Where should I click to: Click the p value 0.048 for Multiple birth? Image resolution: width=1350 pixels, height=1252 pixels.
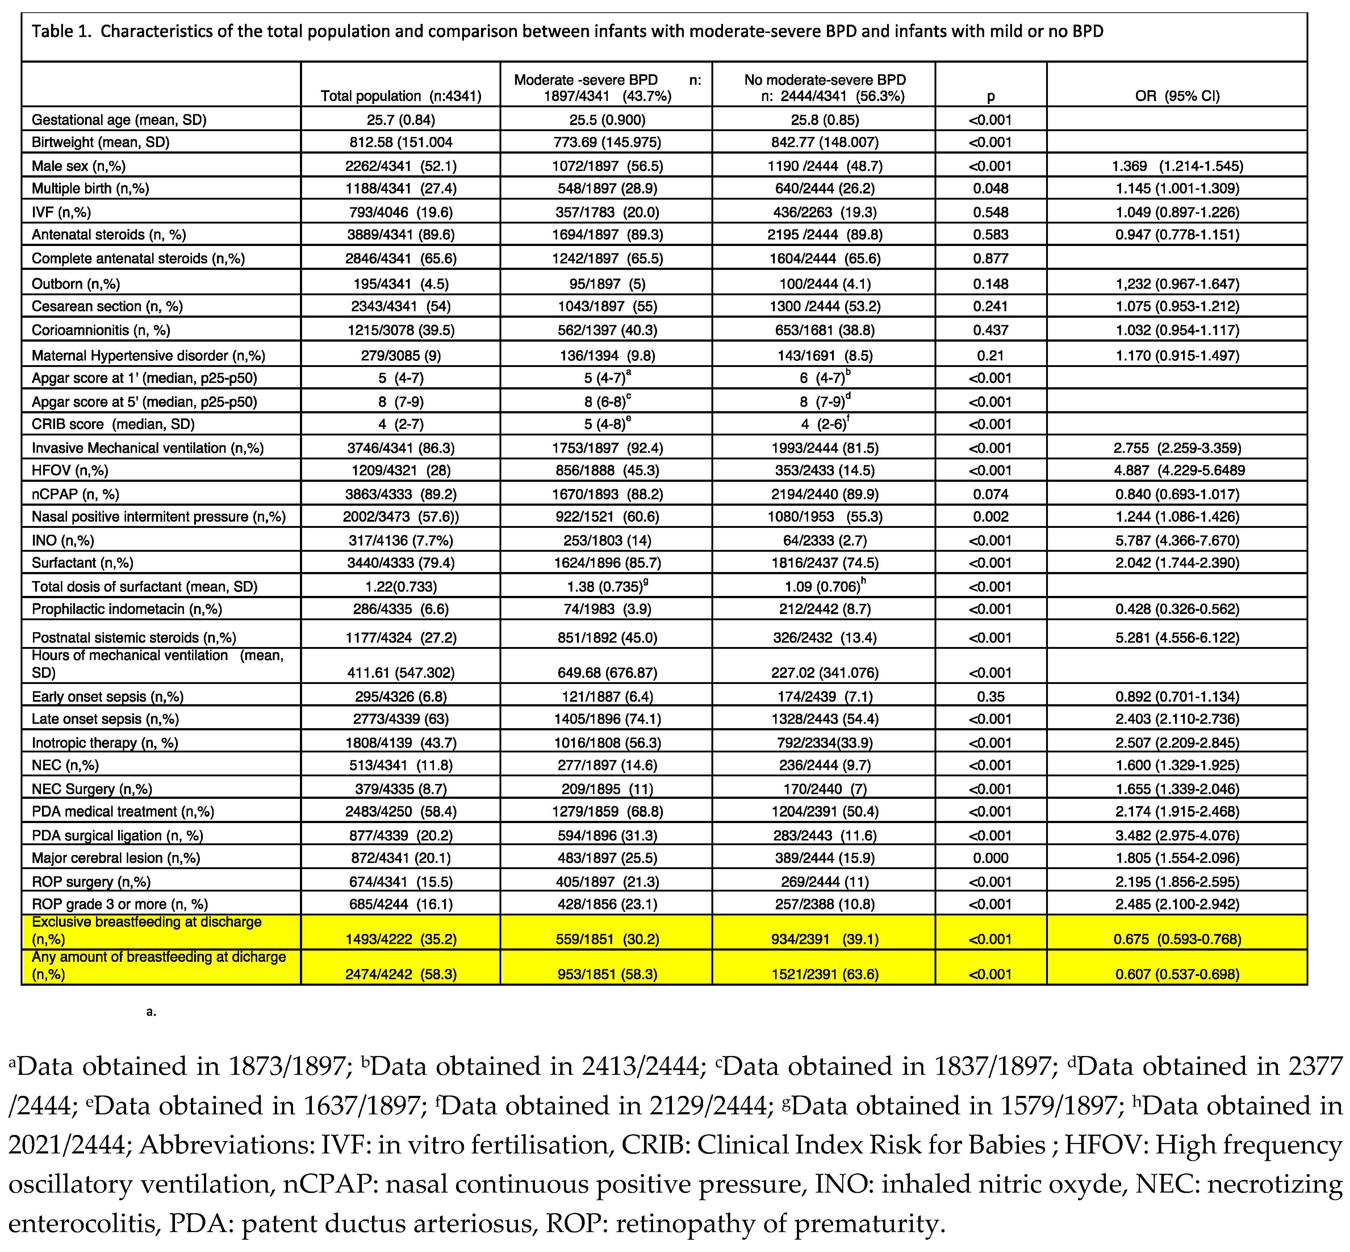point(990,188)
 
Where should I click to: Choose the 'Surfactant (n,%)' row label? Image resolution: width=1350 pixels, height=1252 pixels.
point(83,562)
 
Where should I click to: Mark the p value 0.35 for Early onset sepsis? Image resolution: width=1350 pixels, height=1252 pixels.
point(990,696)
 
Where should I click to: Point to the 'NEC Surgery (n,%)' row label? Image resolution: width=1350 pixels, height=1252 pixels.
point(92,789)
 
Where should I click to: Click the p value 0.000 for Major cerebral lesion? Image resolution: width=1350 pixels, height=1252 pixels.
point(990,858)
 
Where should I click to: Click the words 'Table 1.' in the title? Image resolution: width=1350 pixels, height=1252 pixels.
point(61,31)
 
